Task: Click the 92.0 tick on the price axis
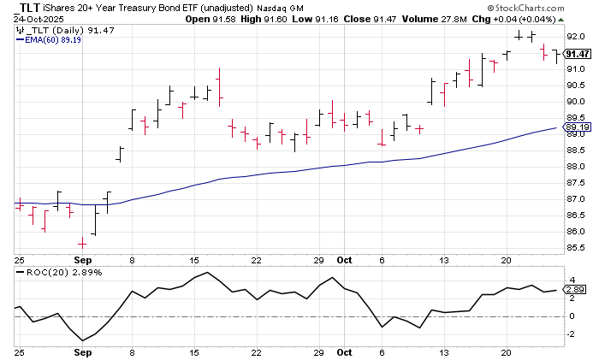575,36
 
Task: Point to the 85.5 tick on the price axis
575,249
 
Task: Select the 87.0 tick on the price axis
575,200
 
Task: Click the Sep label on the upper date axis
82,257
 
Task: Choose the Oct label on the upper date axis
344,257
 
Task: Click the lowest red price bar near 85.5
82,243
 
